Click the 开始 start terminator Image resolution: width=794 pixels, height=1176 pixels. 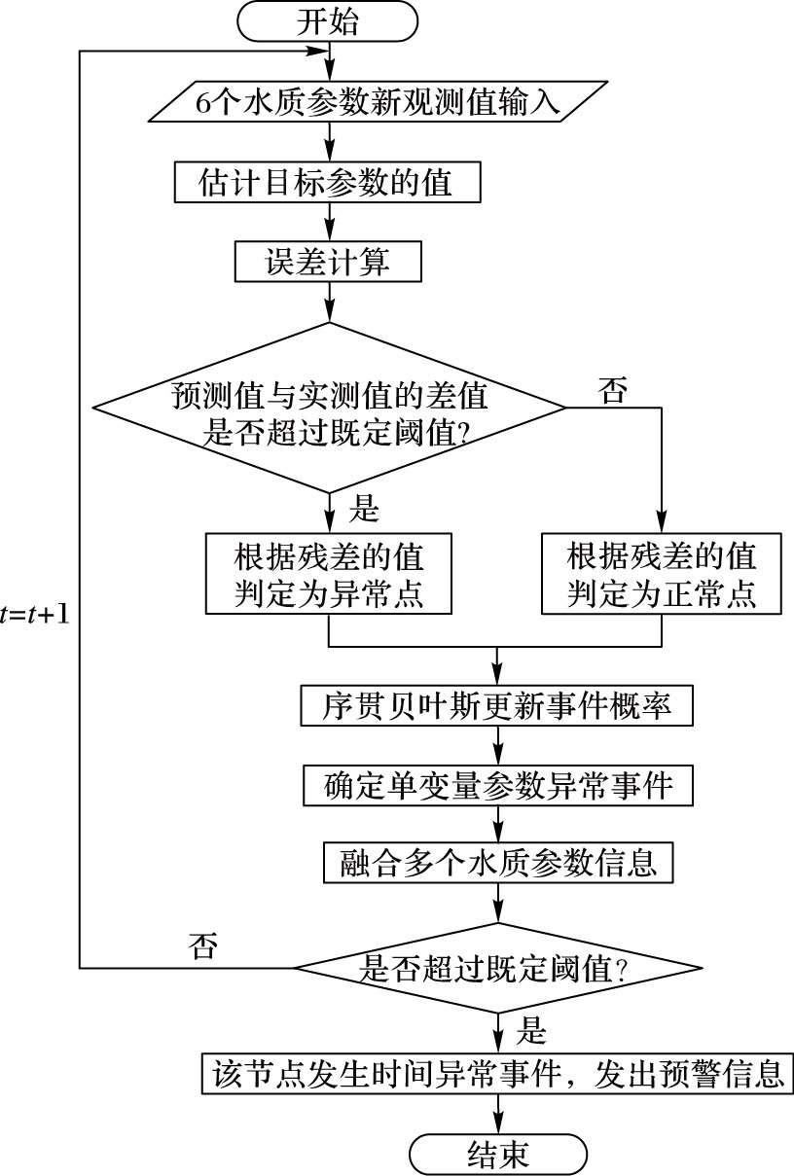point(328,21)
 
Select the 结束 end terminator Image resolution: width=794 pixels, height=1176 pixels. point(497,1155)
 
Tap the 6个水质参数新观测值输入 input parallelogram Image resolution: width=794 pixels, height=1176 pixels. point(379,102)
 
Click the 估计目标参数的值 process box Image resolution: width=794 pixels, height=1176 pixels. point(328,182)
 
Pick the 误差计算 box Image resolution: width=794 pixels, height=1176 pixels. point(328,262)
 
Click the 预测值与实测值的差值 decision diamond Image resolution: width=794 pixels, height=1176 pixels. point(329,408)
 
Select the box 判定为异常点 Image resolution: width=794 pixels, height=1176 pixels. point(328,574)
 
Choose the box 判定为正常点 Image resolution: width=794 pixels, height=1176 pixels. point(661,574)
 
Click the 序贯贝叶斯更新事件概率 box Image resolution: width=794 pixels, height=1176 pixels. point(497,705)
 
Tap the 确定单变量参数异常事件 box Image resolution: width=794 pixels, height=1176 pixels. point(498,785)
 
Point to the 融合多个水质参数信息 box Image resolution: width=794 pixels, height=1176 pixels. point(498,863)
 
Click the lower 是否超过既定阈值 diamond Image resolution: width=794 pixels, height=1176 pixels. point(497,968)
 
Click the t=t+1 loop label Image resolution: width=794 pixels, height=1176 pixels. point(35,615)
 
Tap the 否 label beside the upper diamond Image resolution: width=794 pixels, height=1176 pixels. point(612,390)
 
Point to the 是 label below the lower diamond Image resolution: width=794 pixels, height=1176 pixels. point(531,1030)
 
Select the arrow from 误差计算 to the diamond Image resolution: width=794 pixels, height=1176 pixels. point(329,302)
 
